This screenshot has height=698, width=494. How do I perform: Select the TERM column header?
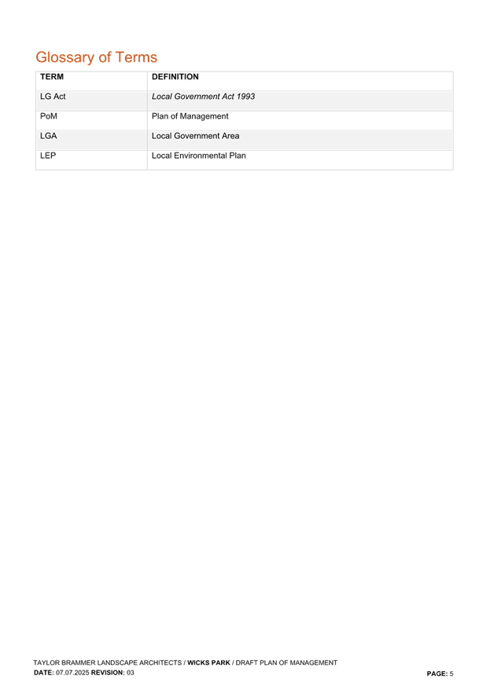tap(51, 77)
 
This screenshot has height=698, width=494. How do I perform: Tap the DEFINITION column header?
tap(175, 77)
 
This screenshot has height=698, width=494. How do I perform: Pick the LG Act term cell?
tap(53, 97)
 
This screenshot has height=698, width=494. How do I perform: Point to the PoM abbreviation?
tap(49, 116)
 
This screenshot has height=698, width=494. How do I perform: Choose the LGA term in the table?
tap(49, 136)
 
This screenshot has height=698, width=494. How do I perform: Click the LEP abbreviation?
tap(49, 156)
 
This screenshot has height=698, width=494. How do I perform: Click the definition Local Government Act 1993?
tap(203, 97)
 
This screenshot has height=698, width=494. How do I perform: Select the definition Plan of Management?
tap(190, 116)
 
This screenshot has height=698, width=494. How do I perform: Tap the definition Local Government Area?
tap(195, 136)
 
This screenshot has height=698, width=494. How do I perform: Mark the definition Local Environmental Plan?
tap(199, 156)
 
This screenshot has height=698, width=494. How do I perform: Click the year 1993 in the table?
tap(245, 97)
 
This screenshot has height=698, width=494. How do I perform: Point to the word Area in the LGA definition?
tap(230, 136)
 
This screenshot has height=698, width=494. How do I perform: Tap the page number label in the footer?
tap(440, 674)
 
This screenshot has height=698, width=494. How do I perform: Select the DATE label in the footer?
tap(43, 673)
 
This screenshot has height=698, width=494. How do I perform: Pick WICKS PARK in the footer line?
tap(208, 663)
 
